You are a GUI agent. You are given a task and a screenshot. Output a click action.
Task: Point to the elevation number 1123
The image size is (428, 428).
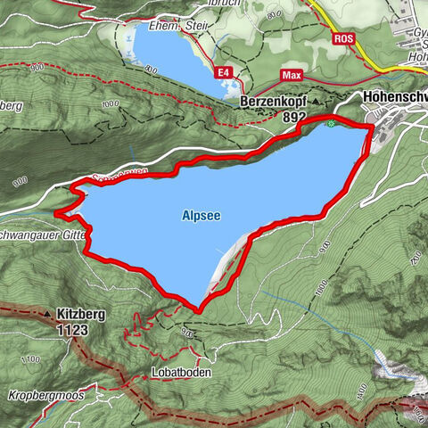click(x=75, y=328)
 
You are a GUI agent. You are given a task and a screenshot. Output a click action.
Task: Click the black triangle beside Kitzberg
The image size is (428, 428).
click(x=46, y=315)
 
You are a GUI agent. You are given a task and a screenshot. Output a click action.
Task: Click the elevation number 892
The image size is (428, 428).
click(x=291, y=117)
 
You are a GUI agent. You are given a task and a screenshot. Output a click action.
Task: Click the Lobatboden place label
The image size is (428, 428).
click(x=181, y=373)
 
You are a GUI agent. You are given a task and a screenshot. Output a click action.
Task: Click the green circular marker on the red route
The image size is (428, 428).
click(x=331, y=123)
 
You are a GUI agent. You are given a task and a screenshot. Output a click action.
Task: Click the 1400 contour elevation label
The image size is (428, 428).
click(x=362, y=390)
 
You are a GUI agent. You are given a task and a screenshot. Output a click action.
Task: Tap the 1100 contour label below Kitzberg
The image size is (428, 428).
click(x=30, y=358)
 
